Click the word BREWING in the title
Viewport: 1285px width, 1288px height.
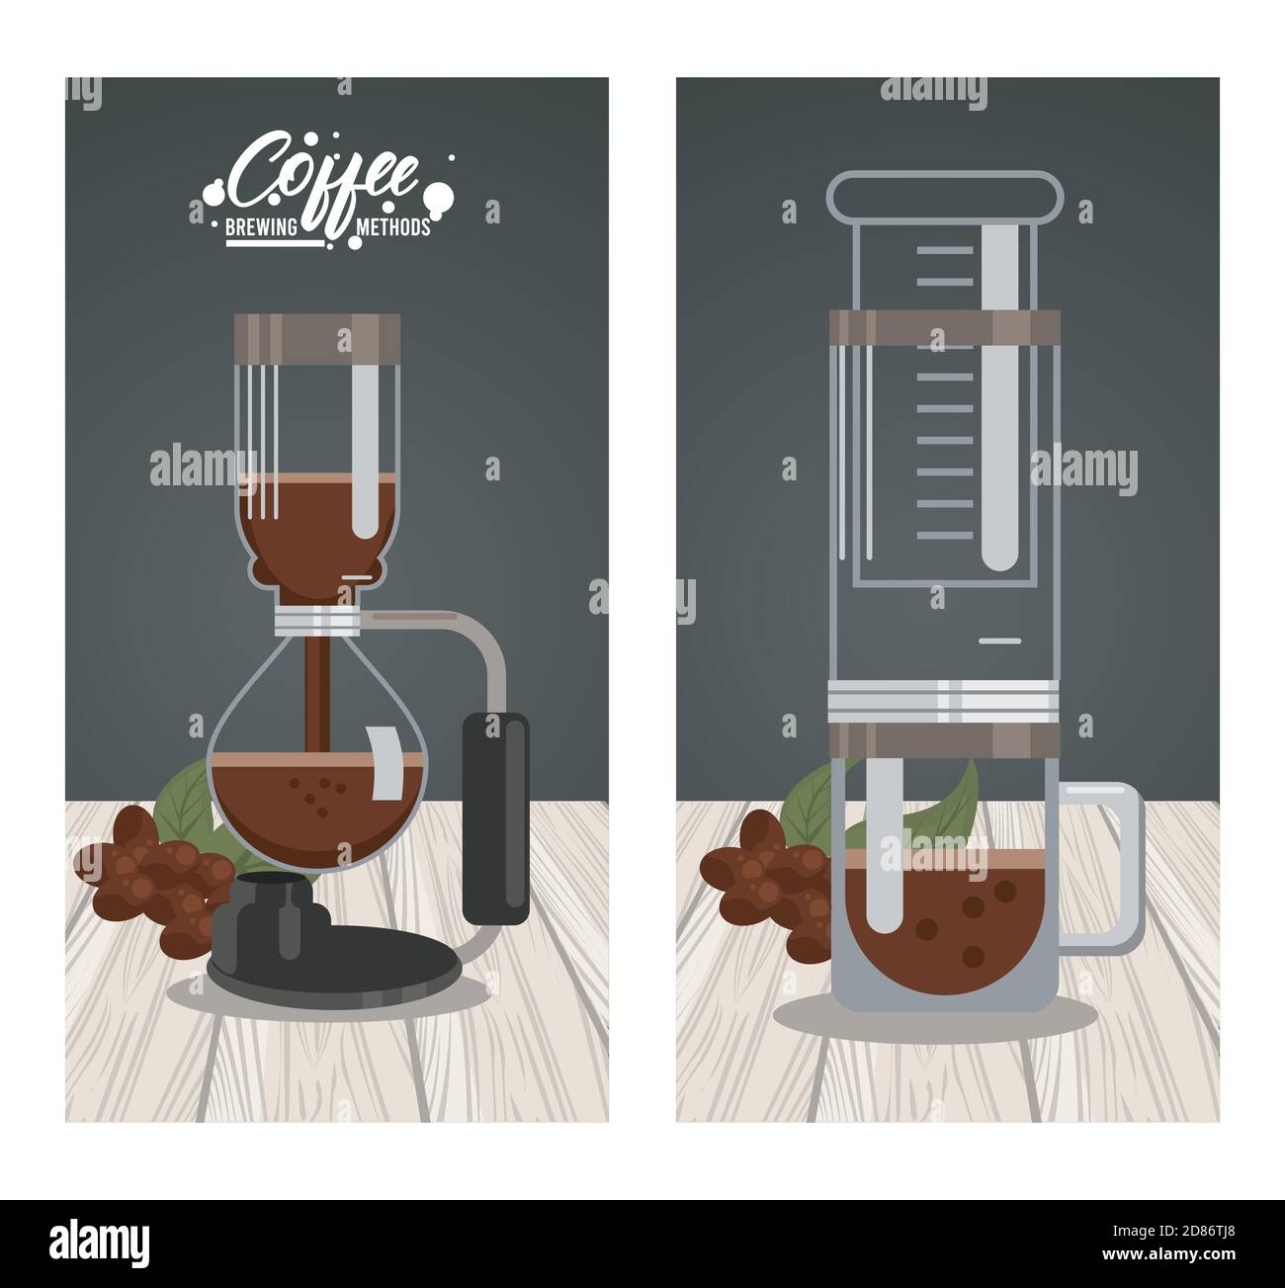pyautogui.click(x=261, y=227)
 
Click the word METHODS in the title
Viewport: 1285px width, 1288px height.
pyautogui.click(x=393, y=227)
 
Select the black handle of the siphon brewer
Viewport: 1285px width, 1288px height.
pyautogui.click(x=496, y=818)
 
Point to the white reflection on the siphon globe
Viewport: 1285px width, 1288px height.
pyautogui.click(x=385, y=763)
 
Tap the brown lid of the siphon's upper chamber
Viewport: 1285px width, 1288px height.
pyautogui.click(x=317, y=337)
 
